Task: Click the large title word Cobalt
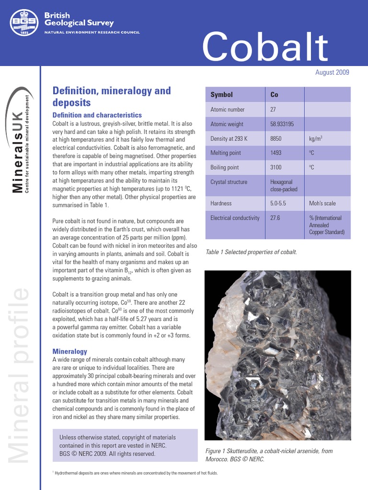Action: pos(265,47)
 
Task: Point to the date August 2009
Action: pos(332,73)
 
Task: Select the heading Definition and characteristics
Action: pos(97,115)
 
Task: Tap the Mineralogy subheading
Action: pos(69,351)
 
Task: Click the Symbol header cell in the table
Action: pos(221,95)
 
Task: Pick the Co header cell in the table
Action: pos(274,95)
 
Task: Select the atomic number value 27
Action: pos(273,110)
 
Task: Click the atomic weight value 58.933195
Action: pos(282,124)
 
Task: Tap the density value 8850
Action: pos(276,139)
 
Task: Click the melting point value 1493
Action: pos(276,153)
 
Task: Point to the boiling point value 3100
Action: pos(276,167)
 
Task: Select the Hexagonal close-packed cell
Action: pos(284,185)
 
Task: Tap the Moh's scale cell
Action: pos(323,203)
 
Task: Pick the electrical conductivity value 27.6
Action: pos(275,218)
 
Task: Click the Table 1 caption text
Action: pos(251,252)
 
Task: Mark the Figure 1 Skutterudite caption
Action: pos(268,455)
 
